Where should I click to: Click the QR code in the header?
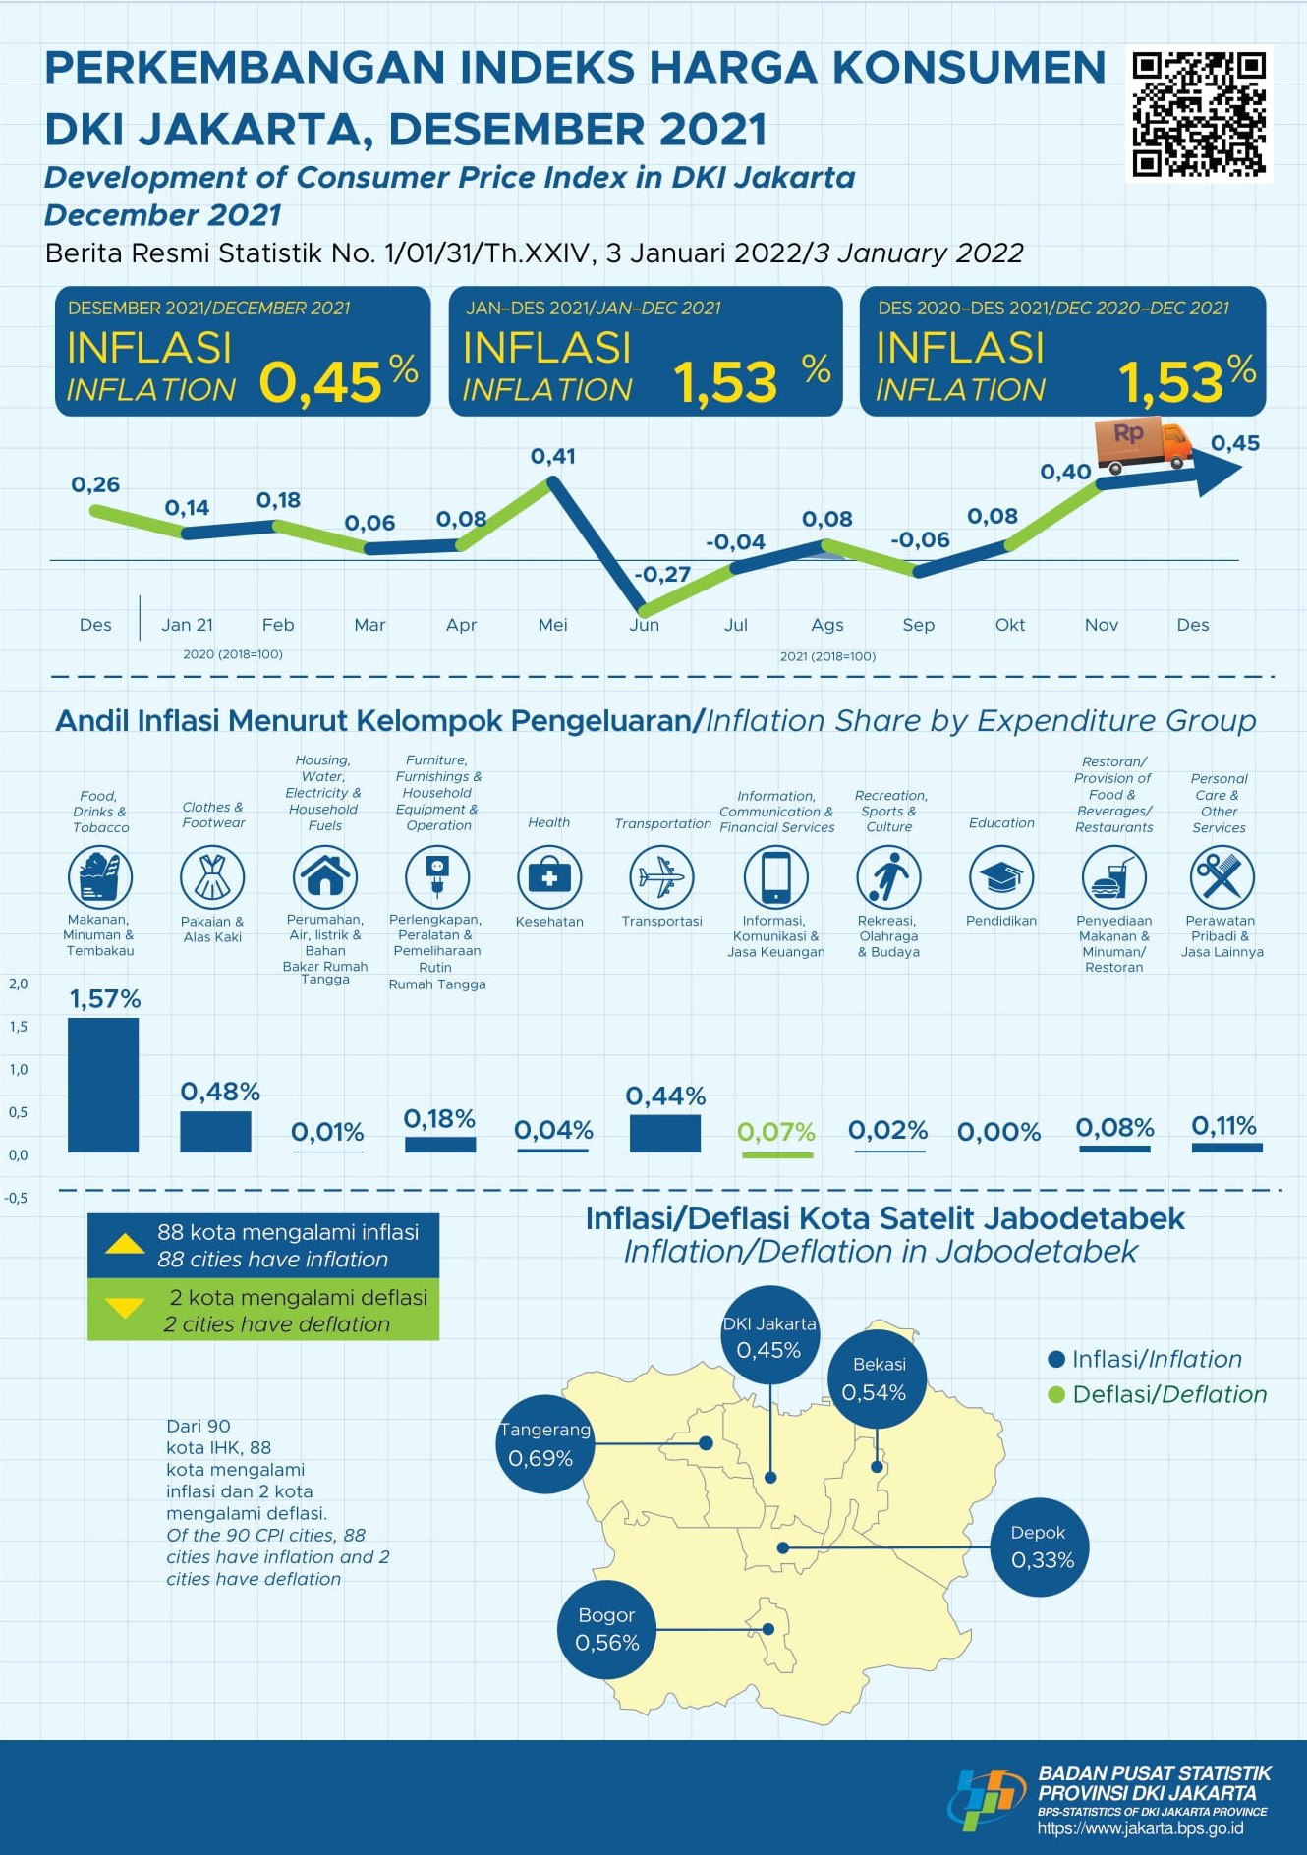point(1199,114)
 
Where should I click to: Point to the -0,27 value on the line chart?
point(662,574)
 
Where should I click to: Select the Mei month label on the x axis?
point(553,625)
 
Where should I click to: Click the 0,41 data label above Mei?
point(553,456)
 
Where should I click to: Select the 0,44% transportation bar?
point(665,1133)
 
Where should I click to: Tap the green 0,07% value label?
point(776,1132)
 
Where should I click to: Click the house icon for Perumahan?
point(325,876)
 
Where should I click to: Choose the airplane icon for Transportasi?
point(661,876)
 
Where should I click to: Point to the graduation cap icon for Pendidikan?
point(1000,876)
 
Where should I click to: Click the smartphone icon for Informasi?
point(775,876)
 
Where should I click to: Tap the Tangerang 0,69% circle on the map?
point(544,1444)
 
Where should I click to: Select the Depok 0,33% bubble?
point(1040,1546)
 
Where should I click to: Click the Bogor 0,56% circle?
point(606,1629)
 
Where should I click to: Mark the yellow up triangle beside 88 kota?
point(125,1245)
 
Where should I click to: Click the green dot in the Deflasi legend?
point(1057,1395)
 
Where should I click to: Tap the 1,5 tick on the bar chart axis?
point(19,1027)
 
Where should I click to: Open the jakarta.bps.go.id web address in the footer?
point(1140,1828)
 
